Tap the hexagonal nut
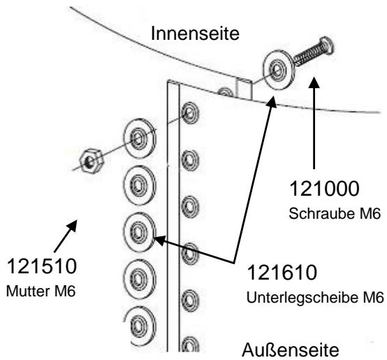click(89, 160)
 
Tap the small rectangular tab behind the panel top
click(244, 90)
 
